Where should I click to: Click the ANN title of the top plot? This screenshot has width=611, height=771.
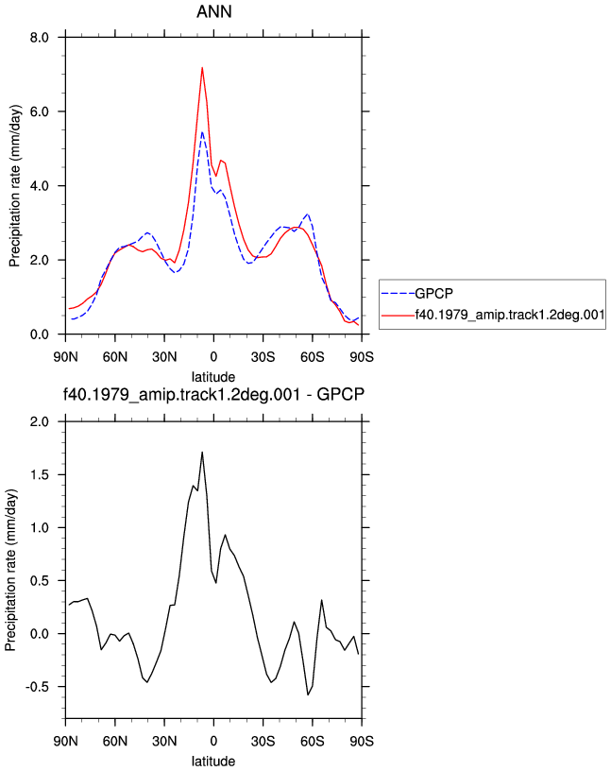213,11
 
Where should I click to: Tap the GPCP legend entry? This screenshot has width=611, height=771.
434,294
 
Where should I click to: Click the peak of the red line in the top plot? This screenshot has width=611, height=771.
202,68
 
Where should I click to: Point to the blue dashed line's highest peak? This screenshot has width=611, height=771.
202,131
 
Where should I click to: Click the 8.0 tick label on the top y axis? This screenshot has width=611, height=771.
40,38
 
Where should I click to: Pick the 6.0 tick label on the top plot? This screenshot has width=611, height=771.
40,111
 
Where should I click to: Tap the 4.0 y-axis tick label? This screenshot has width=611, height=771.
40,186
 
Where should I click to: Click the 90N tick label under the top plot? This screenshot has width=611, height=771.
65,356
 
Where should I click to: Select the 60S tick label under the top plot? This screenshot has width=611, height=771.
313,356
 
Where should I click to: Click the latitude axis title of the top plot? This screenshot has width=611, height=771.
213,377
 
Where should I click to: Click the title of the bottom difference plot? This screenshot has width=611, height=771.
213,394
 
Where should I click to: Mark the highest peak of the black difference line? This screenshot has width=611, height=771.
202,452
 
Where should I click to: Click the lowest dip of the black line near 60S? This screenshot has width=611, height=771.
308,694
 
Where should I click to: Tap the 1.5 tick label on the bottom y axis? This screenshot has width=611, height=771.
40,474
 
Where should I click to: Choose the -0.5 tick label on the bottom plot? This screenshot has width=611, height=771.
38,687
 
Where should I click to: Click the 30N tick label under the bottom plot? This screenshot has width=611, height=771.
164,741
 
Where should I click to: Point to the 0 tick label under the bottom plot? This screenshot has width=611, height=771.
213,741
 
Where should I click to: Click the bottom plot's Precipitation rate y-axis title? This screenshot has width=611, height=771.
10,570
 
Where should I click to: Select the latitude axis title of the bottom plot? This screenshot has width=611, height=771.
213,762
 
